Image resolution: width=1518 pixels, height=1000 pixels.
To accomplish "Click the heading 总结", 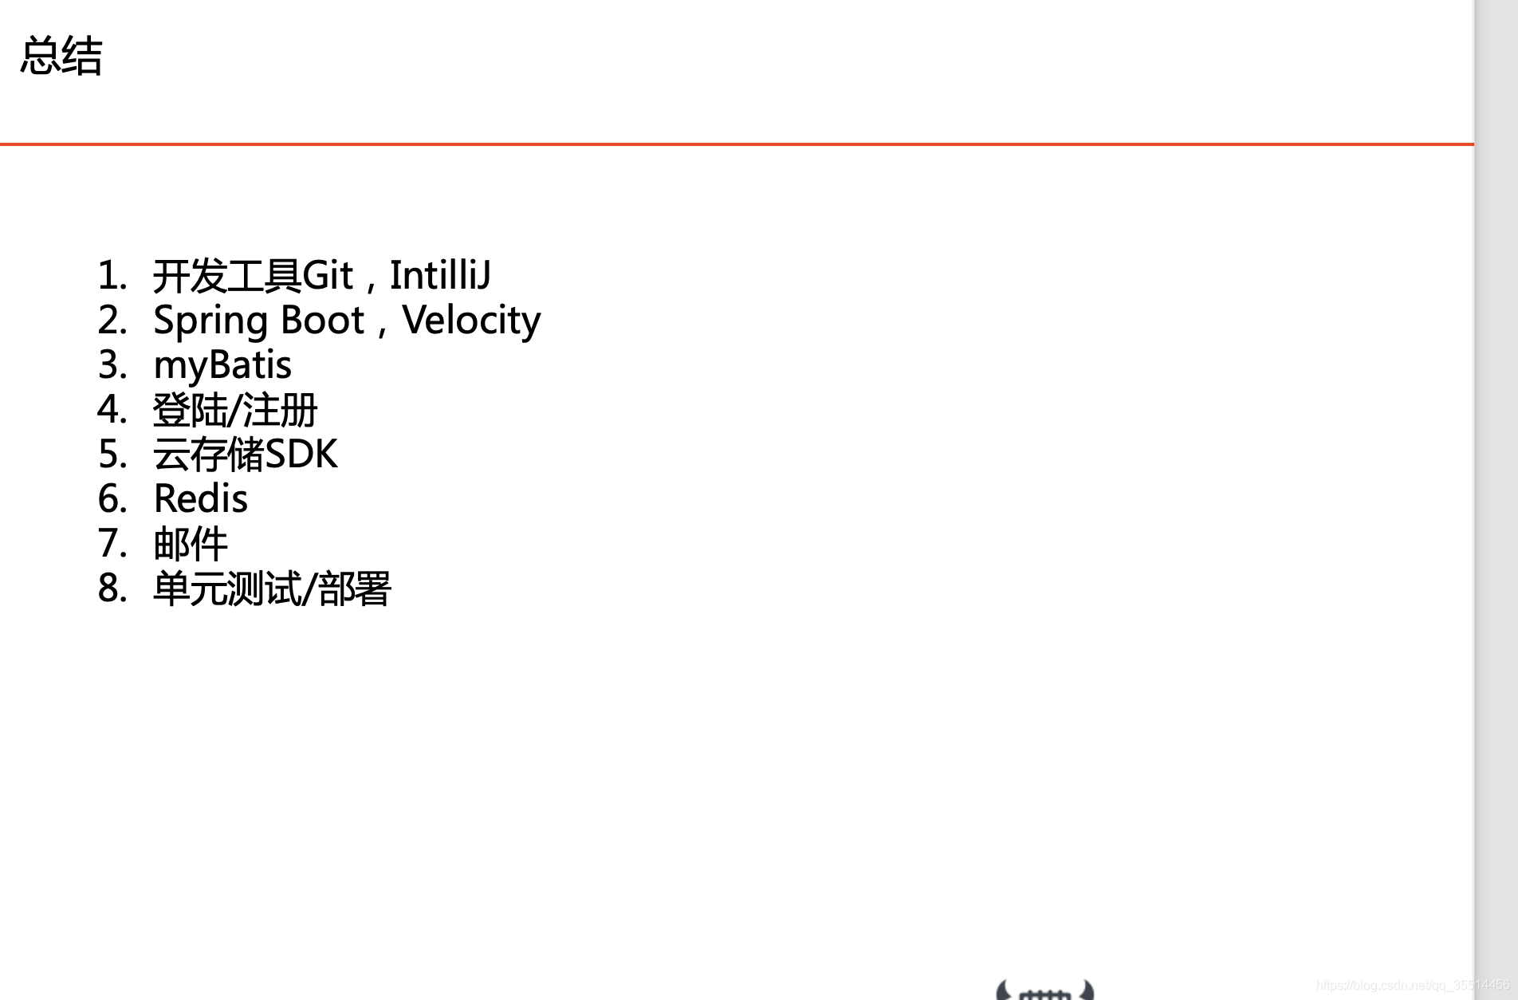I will (x=61, y=56).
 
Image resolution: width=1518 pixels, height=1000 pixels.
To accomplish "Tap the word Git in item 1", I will (x=327, y=276).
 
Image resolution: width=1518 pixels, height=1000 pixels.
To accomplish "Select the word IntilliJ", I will (x=439, y=276).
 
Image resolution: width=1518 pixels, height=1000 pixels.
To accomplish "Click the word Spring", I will (x=210, y=321).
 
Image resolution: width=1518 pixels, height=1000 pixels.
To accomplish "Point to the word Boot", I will (x=322, y=321).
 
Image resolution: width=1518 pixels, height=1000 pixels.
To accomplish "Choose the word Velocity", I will (x=471, y=321).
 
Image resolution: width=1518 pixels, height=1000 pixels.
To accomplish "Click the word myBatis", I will (x=222, y=366).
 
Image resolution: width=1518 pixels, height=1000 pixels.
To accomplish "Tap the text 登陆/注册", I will (x=235, y=411).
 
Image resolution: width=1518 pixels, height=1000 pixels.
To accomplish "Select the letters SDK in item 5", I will (x=301, y=455).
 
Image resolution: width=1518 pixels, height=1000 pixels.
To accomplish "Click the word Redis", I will (x=201, y=499).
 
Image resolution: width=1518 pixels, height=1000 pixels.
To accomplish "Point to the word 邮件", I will (x=191, y=544).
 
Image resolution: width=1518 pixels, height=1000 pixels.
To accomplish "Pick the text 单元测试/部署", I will (x=272, y=589).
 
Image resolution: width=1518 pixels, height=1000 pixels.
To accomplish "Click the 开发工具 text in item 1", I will (x=227, y=276).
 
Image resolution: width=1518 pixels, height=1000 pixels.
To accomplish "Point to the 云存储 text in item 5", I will (x=208, y=455).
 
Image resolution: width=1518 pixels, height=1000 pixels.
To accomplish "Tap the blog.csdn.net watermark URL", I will (x=1412, y=986).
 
